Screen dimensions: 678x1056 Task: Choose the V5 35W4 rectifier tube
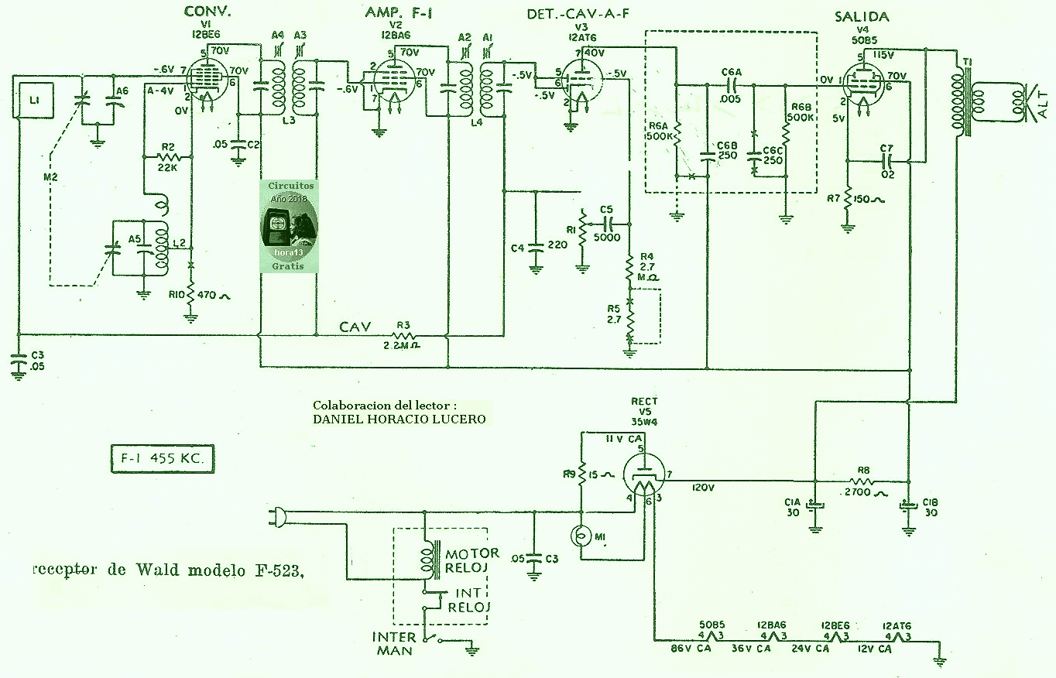pyautogui.click(x=643, y=477)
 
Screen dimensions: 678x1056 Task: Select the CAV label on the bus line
pyautogui.click(x=355, y=327)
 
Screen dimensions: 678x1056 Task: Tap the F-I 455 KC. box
pyautogui.click(x=162, y=459)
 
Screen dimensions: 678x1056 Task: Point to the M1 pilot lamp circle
pyautogui.click(x=581, y=536)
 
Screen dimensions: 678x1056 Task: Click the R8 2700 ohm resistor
pyautogui.click(x=862, y=481)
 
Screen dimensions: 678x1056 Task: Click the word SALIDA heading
pyautogui.click(x=861, y=17)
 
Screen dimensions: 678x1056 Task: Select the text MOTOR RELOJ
pyautogui.click(x=471, y=561)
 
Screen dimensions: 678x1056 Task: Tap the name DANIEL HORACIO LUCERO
pyautogui.click(x=399, y=419)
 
